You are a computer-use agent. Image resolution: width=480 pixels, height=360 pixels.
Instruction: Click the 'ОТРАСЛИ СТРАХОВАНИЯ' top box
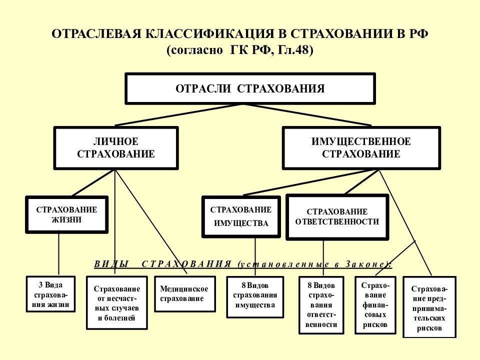pos(250,88)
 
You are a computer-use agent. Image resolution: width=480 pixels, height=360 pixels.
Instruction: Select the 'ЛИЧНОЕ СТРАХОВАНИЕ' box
pos(116,148)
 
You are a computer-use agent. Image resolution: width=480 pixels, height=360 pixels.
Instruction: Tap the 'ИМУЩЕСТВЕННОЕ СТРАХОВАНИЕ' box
pos(361,148)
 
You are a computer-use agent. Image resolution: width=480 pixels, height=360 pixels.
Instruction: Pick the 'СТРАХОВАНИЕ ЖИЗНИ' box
pos(66,214)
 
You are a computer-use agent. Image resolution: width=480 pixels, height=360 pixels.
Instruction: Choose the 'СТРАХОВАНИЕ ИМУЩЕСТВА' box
pos(241,216)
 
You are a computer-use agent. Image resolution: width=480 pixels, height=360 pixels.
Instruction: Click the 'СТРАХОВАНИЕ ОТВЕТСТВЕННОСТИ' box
pos(337,216)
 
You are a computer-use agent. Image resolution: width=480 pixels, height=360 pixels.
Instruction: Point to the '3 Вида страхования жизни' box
pos(51,294)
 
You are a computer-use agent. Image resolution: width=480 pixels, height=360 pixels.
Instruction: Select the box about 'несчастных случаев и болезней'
pos(117,303)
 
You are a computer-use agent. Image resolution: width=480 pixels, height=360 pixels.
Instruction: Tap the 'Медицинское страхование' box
pos(185,294)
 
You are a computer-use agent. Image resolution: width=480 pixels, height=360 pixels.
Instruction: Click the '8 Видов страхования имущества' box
pos(255,297)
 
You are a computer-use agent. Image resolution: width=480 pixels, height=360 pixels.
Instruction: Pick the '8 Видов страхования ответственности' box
pos(321,305)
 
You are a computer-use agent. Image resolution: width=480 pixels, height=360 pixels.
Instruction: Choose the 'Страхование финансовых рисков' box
pos(375,305)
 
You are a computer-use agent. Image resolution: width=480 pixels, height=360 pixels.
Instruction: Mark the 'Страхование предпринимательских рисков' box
pos(429,307)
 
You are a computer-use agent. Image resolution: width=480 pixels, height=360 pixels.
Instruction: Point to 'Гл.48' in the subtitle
pos(295,50)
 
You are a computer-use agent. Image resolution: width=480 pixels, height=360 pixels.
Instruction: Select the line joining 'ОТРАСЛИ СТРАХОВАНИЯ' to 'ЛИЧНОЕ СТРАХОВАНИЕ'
pos(179,115)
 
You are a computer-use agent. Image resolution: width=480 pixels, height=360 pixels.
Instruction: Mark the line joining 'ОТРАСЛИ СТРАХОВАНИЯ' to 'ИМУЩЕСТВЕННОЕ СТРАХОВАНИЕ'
pos(307,115)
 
